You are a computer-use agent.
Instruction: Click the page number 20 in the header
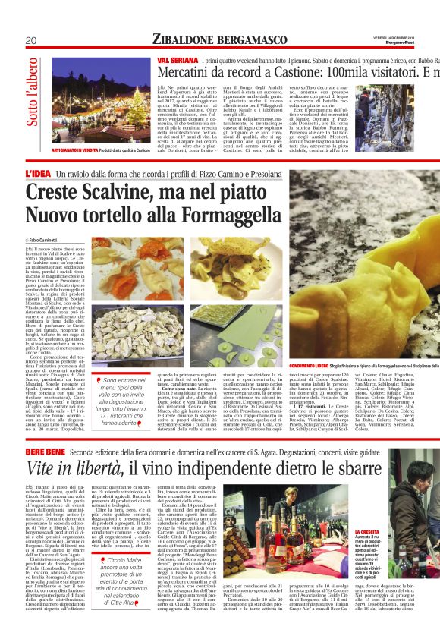click(x=31, y=40)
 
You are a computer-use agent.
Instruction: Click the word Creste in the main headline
click(x=55, y=193)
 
